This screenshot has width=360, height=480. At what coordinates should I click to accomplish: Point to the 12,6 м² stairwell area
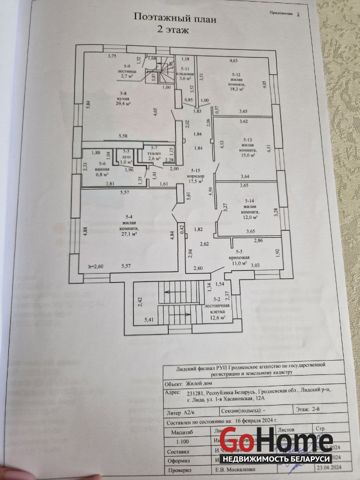point(218,318)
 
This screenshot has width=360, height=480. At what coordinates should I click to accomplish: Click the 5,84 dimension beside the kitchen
point(88,104)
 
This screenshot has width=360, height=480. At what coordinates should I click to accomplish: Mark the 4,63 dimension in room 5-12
point(233,61)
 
